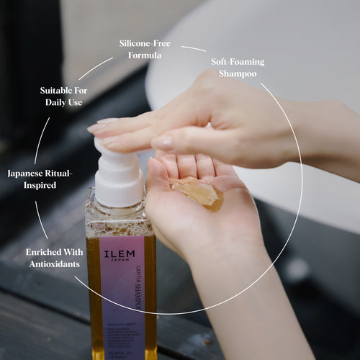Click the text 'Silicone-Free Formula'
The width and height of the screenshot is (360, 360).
click(145, 49)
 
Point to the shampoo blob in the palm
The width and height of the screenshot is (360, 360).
click(197, 193)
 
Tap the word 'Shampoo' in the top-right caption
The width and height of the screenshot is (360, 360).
click(238, 73)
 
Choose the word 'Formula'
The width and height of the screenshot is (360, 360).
click(145, 55)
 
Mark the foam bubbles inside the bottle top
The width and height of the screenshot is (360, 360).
click(118, 220)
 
